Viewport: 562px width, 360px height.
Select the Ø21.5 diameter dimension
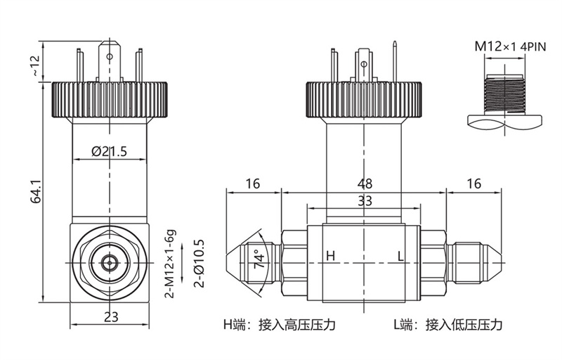pos(109,152)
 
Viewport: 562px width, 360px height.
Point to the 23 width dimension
pos(110,316)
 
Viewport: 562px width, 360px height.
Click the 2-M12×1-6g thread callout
pos(169,264)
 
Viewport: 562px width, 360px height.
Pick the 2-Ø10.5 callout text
pos(199,264)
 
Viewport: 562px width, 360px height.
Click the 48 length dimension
pos(363,184)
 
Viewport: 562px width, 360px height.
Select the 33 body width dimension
pos(364,201)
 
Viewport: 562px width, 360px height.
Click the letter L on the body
pos(400,257)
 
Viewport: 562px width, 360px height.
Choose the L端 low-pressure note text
pos(447,325)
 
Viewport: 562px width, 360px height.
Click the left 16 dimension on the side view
pos(253,184)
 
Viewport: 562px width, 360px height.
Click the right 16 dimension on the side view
pos(474,184)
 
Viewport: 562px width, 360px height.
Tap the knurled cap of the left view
pos(110,100)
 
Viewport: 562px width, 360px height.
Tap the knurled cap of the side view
pos(363,100)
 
